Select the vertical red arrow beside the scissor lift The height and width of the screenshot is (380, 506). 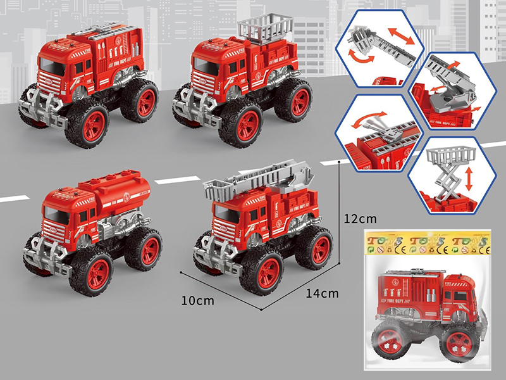[x=469, y=178]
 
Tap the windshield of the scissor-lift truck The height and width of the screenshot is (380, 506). [x=208, y=65]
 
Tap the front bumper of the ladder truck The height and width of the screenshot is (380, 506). [x=212, y=253]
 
